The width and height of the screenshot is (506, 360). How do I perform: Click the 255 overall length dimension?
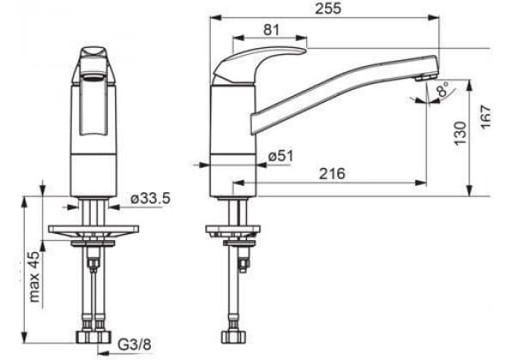(x=328, y=9)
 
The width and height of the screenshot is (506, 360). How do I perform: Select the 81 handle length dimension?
(x=271, y=30)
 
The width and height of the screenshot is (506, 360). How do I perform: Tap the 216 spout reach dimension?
(x=332, y=173)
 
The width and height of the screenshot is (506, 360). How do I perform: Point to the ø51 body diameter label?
(x=280, y=157)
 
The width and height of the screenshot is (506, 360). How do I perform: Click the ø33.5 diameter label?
(x=150, y=199)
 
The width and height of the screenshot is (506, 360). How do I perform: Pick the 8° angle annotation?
(x=443, y=89)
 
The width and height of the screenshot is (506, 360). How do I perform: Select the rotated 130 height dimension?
(x=461, y=133)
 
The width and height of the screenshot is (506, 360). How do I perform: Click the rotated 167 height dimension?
(x=485, y=117)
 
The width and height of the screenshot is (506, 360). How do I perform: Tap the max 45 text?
(x=34, y=277)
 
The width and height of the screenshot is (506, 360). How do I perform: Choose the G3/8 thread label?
(x=135, y=345)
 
